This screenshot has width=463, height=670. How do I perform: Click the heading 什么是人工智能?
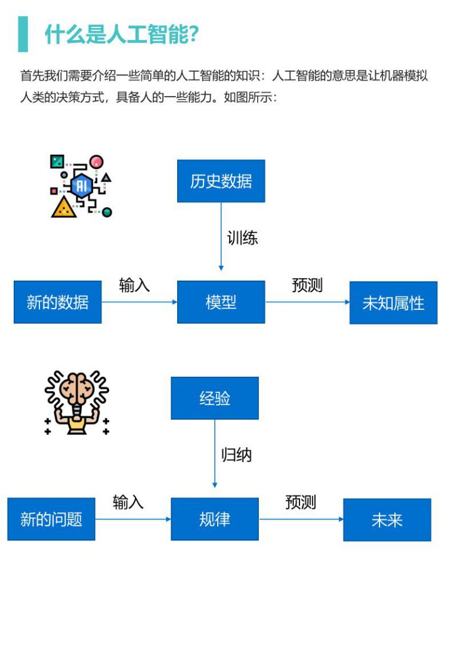[121, 35]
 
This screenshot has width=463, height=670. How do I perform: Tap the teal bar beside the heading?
[23, 34]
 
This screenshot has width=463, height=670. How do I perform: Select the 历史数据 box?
[221, 181]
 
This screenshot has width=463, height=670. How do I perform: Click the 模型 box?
[221, 302]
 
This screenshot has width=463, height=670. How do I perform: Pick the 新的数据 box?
[57, 302]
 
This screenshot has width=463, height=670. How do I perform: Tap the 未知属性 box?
[393, 303]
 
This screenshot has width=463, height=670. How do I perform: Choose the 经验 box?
[215, 398]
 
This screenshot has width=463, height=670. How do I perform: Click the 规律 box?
[215, 519]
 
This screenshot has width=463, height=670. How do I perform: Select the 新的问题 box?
[51, 519]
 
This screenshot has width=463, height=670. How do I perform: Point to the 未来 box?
[387, 520]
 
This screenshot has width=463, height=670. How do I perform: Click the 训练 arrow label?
[242, 238]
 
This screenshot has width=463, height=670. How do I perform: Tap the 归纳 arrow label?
[236, 455]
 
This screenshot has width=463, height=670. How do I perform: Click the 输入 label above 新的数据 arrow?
[134, 285]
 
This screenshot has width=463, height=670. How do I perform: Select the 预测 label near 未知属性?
[307, 285]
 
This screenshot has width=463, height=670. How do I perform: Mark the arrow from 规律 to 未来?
[301, 519]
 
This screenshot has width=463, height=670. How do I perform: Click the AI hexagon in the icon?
[81, 186]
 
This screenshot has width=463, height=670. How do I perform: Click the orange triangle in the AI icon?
[63, 207]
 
